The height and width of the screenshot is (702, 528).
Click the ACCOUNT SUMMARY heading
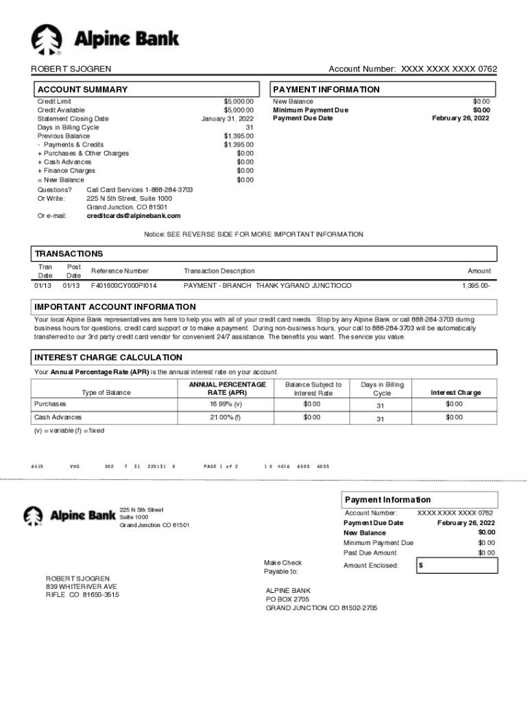[x=82, y=90]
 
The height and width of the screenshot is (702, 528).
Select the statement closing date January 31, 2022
[x=227, y=119]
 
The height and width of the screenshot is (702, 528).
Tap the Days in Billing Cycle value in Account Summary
[x=250, y=128]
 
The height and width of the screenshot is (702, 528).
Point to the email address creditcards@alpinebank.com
[x=134, y=216]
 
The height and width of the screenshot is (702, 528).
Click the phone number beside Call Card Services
[x=169, y=189]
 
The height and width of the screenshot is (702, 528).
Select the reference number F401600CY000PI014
[x=123, y=285]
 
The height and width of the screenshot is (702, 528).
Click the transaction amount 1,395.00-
[x=475, y=285]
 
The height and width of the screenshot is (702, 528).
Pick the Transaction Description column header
[x=219, y=271]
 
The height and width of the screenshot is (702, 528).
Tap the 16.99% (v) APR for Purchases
[x=227, y=404]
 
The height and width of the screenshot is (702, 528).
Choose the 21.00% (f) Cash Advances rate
[x=227, y=417]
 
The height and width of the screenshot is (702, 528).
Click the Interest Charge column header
[x=455, y=393]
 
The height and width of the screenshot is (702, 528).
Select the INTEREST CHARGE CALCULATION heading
[x=108, y=358]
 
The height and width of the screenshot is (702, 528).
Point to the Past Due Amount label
[x=370, y=553]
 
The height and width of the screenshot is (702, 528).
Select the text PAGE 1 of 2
[x=221, y=466]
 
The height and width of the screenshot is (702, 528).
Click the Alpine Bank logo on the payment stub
[x=69, y=515]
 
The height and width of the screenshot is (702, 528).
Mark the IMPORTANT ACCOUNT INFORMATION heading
[x=115, y=307]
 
